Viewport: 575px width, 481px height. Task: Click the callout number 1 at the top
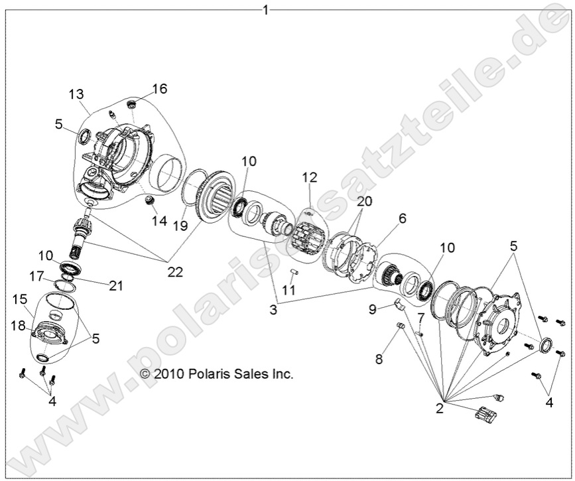266,9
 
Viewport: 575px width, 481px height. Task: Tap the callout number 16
160,88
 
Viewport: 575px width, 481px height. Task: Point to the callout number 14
159,221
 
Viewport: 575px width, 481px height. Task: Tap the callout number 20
365,201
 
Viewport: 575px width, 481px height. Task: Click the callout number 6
402,218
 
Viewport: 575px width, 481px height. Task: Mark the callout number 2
439,408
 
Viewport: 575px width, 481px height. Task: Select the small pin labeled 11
295,271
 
